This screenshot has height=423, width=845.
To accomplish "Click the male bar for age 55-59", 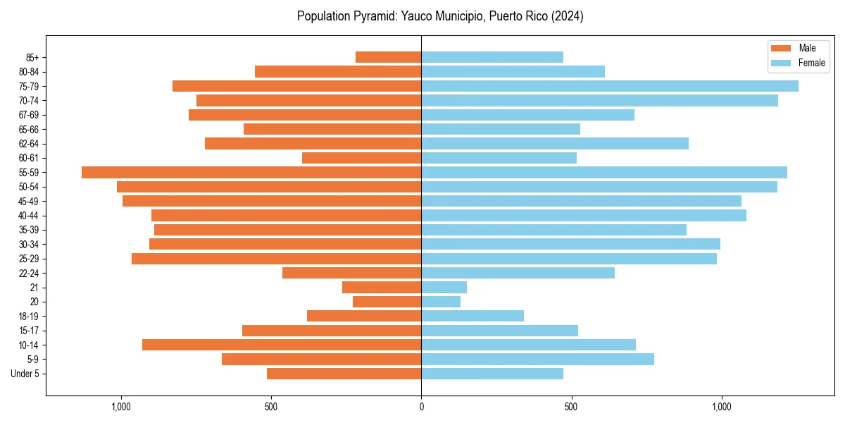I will tap(251, 172).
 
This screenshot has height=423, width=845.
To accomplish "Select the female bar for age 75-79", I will tap(610, 86).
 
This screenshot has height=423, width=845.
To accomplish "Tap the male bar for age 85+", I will tap(388, 57).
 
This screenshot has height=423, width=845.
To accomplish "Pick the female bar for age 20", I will tap(441, 302).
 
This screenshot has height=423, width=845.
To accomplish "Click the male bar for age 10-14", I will tap(282, 345).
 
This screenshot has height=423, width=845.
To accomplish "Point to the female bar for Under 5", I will tap(492, 374).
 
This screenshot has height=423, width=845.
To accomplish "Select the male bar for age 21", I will tap(382, 287).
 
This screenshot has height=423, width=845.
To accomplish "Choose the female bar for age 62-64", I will tap(555, 143).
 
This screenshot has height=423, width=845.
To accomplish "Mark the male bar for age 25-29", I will tap(276, 259).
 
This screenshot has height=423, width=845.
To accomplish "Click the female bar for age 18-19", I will tap(472, 316).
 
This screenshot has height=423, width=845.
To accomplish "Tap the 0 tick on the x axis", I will tap(421, 407).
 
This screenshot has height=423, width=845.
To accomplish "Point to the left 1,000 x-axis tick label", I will tap(121, 407).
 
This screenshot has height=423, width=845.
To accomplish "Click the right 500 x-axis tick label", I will tap(572, 407).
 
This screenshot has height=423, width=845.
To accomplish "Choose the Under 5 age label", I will tap(25, 374).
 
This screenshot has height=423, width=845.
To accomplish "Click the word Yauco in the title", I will tap(415, 16).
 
